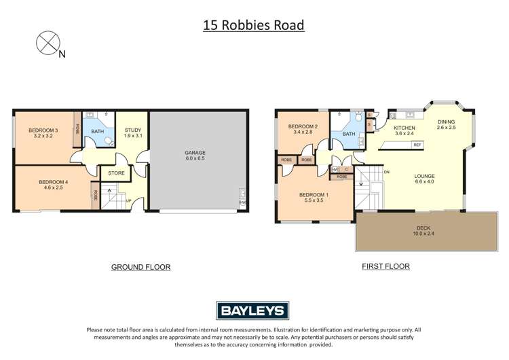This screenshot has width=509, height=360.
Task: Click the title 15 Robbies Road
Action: click(x=254, y=26)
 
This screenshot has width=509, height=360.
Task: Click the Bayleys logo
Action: click(x=254, y=311)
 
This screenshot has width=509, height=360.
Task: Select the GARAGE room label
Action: click(x=195, y=153)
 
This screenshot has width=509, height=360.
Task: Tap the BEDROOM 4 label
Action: click(x=52, y=181)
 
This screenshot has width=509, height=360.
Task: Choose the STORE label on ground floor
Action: click(x=117, y=173)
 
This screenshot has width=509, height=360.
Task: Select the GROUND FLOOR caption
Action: click(x=140, y=267)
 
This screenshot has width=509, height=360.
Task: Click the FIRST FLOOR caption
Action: click(x=385, y=266)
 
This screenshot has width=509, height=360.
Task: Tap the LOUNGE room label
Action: click(x=425, y=177)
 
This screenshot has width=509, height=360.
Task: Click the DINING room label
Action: click(x=446, y=123)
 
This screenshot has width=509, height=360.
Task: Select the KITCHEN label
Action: click(x=404, y=127)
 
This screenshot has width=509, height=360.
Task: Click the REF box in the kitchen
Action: click(x=417, y=145)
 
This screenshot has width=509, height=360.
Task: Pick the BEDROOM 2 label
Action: click(x=303, y=126)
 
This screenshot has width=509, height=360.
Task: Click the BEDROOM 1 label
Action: click(x=313, y=195)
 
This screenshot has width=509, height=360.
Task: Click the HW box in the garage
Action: click(x=242, y=202)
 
